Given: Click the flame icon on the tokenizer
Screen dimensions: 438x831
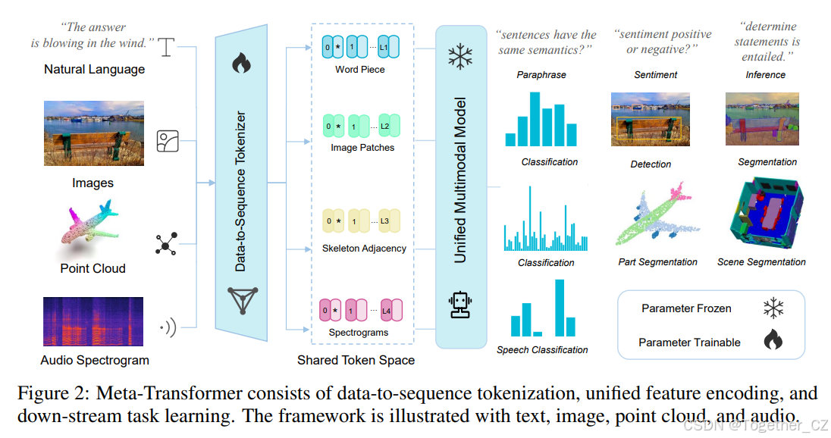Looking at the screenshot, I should [x=241, y=62].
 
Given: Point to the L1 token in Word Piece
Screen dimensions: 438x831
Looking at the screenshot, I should [x=384, y=48].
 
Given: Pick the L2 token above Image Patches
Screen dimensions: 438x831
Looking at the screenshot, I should [x=385, y=126].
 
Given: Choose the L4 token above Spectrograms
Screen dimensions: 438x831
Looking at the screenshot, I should [x=386, y=311].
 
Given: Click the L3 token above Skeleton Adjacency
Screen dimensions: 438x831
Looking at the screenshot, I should [x=384, y=221].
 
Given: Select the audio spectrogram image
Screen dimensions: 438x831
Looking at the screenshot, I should [x=93, y=322].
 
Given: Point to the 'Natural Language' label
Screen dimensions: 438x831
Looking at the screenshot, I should [x=94, y=69].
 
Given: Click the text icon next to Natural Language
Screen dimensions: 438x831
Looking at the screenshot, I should [x=167, y=48].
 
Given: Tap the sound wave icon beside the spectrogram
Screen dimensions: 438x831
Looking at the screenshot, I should [x=167, y=327].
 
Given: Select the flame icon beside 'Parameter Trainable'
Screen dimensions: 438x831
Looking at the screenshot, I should [x=773, y=342].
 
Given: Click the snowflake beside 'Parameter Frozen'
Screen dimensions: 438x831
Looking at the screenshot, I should [x=773, y=308].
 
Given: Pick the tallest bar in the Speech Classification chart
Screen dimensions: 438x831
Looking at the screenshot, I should [x=560, y=308].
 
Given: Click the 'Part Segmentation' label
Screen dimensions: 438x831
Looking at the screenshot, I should [x=657, y=262].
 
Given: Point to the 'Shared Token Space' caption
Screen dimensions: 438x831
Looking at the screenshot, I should [x=356, y=360].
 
